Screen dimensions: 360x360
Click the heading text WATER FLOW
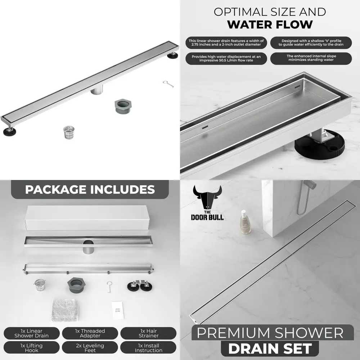270,25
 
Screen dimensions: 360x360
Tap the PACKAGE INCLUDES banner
90,189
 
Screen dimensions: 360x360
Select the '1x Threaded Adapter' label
90,333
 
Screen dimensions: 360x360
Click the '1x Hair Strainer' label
149,333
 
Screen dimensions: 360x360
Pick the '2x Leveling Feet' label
90,348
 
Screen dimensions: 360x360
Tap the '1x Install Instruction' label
149,348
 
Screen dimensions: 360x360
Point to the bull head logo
207,199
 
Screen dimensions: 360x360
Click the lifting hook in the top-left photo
168,84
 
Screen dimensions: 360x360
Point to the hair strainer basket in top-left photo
68,132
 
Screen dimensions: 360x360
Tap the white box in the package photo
86,218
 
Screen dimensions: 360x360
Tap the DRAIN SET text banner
270,348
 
